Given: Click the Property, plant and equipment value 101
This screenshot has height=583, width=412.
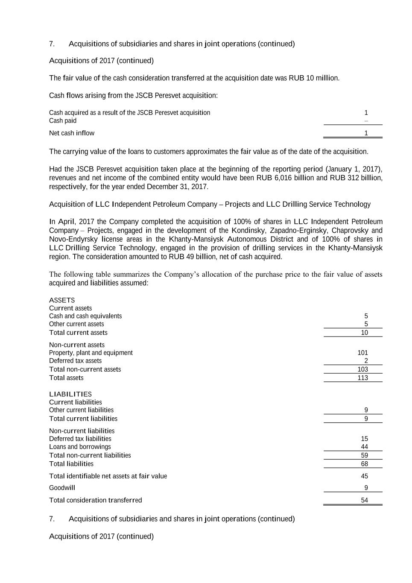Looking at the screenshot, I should [362, 353].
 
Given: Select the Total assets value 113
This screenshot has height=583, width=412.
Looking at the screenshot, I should [362, 378].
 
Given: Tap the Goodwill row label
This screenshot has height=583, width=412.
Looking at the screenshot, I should [62, 488].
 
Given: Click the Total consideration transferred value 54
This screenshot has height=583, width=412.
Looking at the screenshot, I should [364, 500].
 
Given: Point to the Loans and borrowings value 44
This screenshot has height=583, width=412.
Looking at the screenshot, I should [364, 447].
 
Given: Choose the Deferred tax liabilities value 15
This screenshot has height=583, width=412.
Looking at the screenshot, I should [364, 439].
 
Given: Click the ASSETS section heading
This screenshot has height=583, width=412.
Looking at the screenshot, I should [62, 300].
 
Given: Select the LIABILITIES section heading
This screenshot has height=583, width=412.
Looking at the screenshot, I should [70, 394].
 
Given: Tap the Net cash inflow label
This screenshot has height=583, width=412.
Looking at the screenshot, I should [72, 133].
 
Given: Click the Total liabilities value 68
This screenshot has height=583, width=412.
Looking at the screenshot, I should [364, 464].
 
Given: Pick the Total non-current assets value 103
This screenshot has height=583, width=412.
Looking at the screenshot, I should [362, 369].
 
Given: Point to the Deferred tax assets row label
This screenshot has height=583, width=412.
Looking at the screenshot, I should [75, 361].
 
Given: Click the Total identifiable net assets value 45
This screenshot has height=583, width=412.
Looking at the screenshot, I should [364, 476].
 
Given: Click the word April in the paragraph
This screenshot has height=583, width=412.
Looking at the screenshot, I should [66, 222].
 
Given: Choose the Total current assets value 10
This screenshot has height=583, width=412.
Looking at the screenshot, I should [364, 333].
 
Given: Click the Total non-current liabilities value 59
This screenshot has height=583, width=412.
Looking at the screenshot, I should [364, 455].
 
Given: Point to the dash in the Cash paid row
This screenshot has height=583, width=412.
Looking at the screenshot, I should [366, 121].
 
